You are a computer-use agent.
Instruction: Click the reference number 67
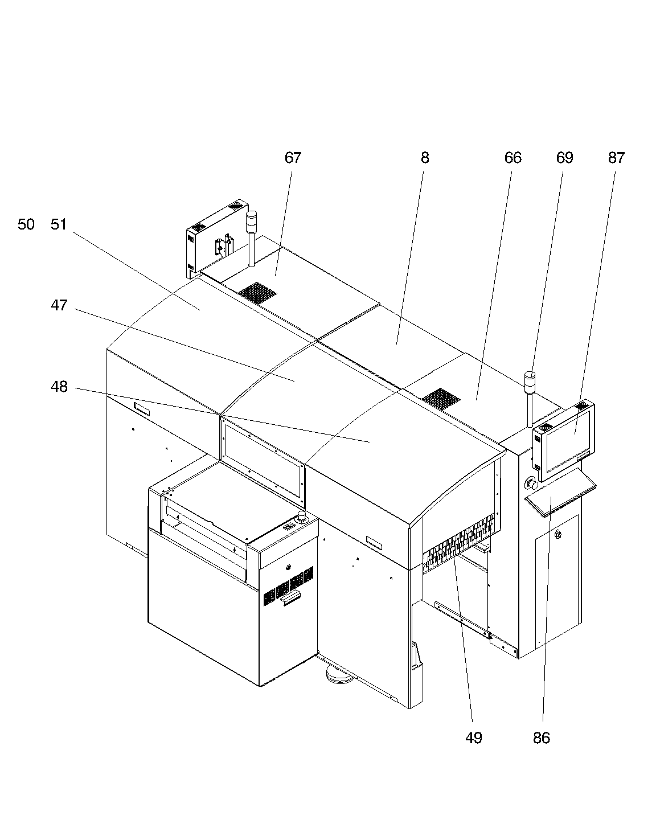point(293,158)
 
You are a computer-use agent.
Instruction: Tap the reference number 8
point(425,158)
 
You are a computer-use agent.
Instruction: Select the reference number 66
point(513,158)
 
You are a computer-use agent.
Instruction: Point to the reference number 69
point(564,158)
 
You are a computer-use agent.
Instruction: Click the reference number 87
point(616,158)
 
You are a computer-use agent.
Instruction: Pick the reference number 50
point(26,224)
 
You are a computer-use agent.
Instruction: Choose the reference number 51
point(59,224)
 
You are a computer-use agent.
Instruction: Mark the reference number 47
point(59,305)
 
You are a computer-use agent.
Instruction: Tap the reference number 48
point(59,387)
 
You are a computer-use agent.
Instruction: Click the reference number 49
point(474,738)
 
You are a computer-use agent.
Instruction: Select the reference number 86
point(542,738)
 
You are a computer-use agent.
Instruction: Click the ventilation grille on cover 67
point(257,293)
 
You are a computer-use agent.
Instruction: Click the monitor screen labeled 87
point(568,441)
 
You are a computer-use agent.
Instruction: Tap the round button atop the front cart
point(302,516)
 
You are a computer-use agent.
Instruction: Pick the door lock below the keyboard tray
point(558,534)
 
